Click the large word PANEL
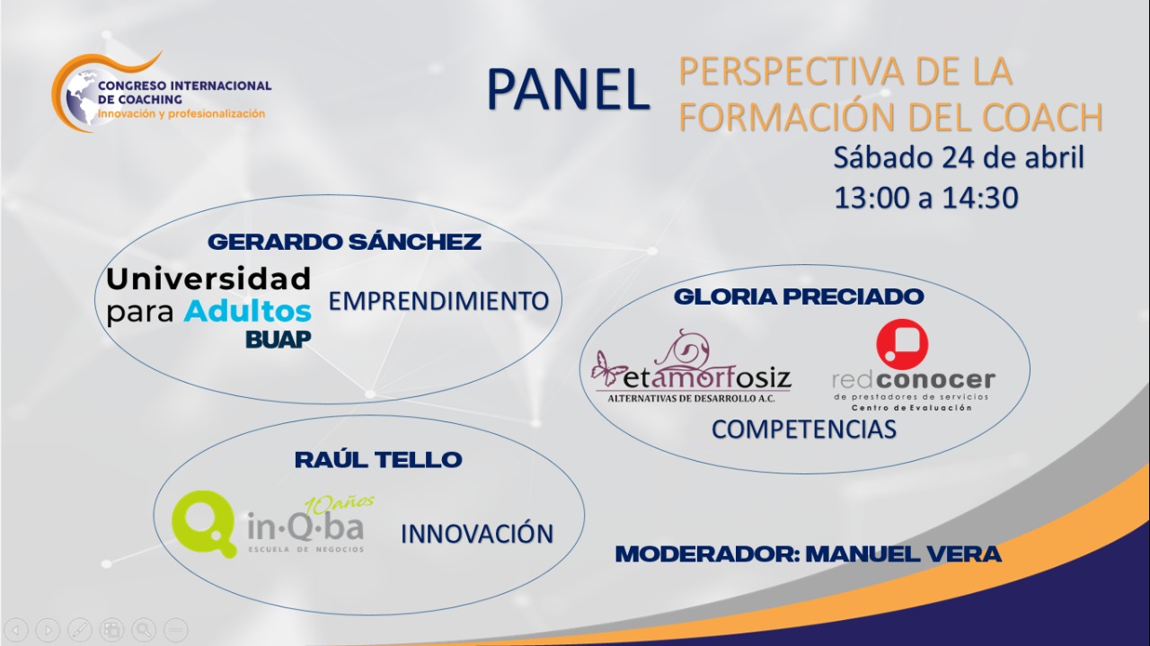pyautogui.click(x=569, y=91)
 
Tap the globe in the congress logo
pyautogui.click(x=81, y=97)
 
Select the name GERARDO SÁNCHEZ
pyautogui.click(x=344, y=242)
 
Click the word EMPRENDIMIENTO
pyautogui.click(x=438, y=301)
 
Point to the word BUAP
pyautogui.click(x=279, y=340)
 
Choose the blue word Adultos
pyautogui.click(x=248, y=312)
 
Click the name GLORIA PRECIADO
pyautogui.click(x=799, y=296)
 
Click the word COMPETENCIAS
pyautogui.click(x=804, y=429)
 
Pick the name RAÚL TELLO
pyautogui.click(x=378, y=460)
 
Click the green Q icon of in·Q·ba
pyautogui.click(x=202, y=523)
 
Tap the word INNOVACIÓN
pyautogui.click(x=477, y=534)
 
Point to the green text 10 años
pyautogui.click(x=340, y=504)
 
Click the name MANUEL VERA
pyautogui.click(x=904, y=554)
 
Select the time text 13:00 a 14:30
pyautogui.click(x=926, y=198)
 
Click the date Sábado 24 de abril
pyautogui.click(x=959, y=157)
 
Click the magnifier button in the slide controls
pyautogui.click(x=144, y=630)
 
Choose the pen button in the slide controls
pyautogui.click(x=80, y=630)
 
